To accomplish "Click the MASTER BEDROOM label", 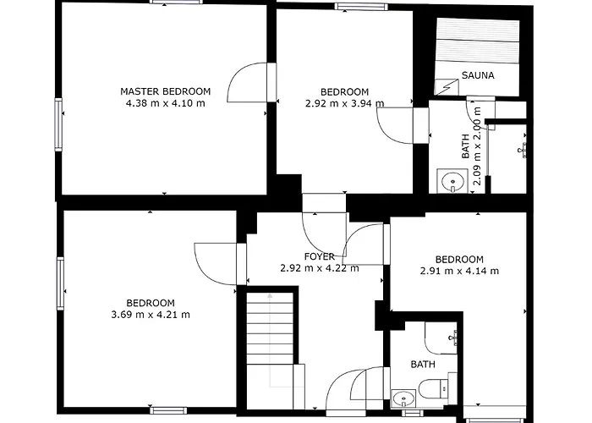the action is (166, 91).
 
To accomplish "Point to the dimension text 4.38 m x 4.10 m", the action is (166, 103).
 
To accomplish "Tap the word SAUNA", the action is (478, 75).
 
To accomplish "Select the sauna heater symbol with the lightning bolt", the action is (447, 88).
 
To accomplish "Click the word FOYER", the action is (320, 256).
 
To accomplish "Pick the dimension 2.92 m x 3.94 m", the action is (345, 103).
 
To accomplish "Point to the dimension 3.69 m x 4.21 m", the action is (151, 315).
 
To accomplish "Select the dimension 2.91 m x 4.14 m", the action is (459, 271).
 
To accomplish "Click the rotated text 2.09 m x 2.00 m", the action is (478, 146).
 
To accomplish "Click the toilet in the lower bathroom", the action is (433, 388).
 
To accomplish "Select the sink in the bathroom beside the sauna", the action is (452, 181).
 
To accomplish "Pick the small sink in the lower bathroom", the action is (403, 398).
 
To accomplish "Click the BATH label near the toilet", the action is (423, 365).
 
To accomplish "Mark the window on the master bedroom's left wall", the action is (58, 124).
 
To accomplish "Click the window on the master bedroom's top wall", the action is (174, 2).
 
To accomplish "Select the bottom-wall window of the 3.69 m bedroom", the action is (168, 410).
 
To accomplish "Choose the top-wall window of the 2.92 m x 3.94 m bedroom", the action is (361, 7).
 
